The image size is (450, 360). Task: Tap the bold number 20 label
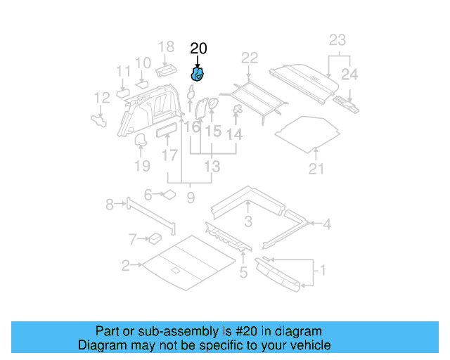[x=199, y=49]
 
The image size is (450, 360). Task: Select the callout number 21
[x=317, y=169]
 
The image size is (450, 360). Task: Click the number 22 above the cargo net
[x=250, y=58]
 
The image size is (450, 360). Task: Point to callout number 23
[x=337, y=39]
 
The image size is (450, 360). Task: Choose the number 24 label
[x=349, y=74]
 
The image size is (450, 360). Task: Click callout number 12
[x=102, y=98]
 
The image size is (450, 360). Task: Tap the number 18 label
[x=166, y=47]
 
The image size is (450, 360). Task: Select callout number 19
[x=142, y=166]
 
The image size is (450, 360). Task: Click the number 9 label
[x=191, y=198]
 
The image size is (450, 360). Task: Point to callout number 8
[x=110, y=205]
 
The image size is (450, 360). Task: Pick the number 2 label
[x=125, y=266]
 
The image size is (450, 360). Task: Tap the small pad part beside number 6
[x=169, y=195]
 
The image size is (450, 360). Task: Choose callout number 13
[x=212, y=167]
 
